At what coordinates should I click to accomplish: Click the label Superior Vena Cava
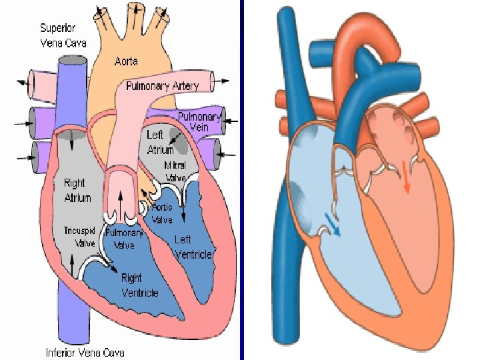click(x=58, y=34)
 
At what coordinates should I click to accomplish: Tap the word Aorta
click(x=126, y=61)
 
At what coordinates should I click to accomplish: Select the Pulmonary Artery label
click(x=163, y=87)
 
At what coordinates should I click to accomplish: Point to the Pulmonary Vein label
click(x=199, y=121)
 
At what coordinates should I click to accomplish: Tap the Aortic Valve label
click(x=162, y=213)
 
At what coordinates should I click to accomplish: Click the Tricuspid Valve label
click(x=79, y=237)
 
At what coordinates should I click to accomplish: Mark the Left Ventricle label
click(x=193, y=247)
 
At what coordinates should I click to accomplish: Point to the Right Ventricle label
click(x=140, y=285)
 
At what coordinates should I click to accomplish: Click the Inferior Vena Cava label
click(x=85, y=352)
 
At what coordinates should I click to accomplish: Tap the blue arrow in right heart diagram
click(x=333, y=225)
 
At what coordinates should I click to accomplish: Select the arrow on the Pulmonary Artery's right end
click(x=225, y=81)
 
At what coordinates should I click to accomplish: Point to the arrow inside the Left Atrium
click(x=177, y=138)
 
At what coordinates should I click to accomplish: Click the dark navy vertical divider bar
click(x=243, y=180)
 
